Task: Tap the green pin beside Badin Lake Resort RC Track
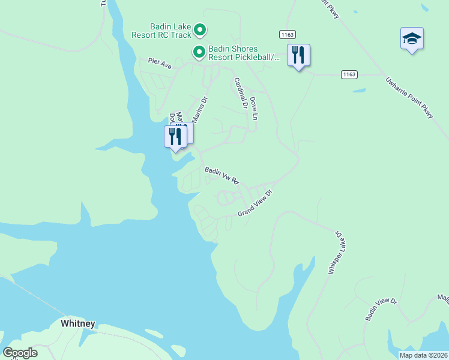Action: tap(200, 29)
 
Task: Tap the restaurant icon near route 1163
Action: tap(298, 55)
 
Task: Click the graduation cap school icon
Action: tap(412, 39)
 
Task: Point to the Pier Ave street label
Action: tap(160, 62)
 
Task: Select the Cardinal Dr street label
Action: tap(241, 93)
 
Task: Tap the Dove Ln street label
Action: tap(253, 108)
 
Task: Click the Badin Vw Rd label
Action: tap(222, 175)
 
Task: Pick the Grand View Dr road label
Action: tap(255, 203)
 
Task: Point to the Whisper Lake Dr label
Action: tap(334, 252)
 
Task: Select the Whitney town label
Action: tap(78, 323)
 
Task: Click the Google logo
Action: tap(20, 353)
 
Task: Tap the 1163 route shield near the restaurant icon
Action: tap(286, 35)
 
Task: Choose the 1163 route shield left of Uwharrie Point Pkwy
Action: tap(349, 74)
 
